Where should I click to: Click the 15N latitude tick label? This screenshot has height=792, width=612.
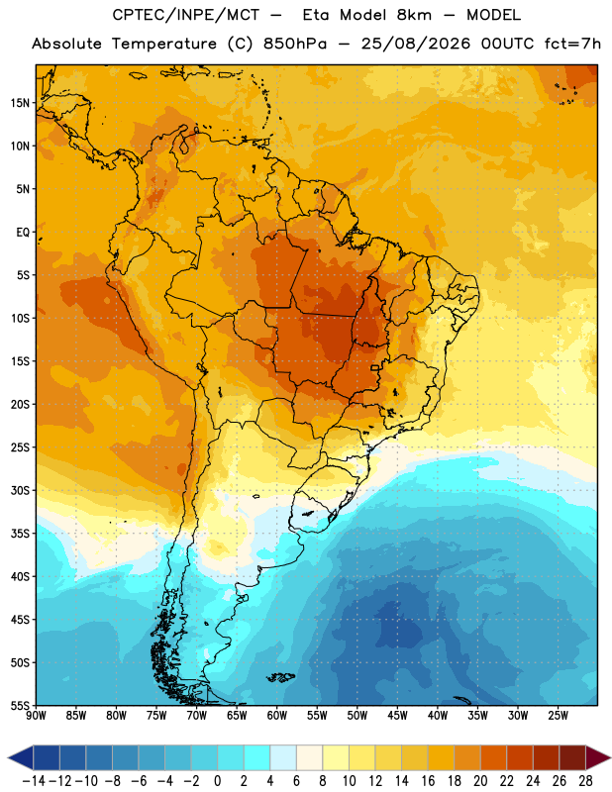coord(20,103)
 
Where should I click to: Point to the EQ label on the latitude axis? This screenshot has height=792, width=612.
coord(23,233)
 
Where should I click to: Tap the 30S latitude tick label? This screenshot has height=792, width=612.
coord(20,490)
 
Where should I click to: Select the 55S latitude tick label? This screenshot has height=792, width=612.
coord(20,705)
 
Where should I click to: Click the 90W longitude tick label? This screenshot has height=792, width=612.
coord(36,716)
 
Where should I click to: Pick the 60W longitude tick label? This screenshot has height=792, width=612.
coord(277,716)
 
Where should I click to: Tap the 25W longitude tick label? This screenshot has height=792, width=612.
coord(558,716)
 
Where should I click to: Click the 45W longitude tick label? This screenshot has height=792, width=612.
coord(397,716)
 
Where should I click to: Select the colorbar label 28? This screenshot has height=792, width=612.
coord(585,781)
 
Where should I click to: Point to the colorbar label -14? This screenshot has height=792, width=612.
coord(34,781)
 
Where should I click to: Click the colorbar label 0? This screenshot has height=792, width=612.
coord(217,781)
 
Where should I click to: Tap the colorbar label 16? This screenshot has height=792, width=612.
coord(428,781)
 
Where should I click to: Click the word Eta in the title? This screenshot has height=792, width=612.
coord(316,15)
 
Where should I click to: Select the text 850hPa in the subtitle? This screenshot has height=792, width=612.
coord(295,44)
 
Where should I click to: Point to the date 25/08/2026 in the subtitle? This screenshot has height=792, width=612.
coord(415,44)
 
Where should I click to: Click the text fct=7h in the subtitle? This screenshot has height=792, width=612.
coord(572,44)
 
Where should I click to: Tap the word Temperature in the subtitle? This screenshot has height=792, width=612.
coord(163,45)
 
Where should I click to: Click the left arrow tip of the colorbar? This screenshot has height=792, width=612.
coord(8,757)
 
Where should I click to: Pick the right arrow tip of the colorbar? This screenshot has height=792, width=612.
coord(610,757)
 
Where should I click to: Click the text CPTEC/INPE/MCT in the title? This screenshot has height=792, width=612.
coord(185,15)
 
